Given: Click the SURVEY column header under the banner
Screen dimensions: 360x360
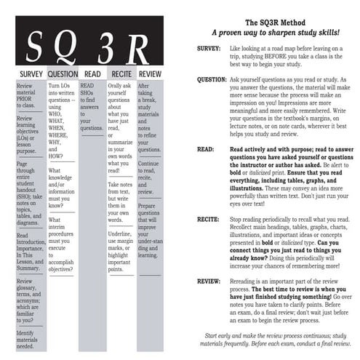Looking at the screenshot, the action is (31, 74).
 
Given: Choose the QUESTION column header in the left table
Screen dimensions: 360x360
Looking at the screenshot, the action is (62, 74).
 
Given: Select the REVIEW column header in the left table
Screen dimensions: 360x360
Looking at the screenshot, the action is (151, 74).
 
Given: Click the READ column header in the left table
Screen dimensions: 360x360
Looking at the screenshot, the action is (92, 74).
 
